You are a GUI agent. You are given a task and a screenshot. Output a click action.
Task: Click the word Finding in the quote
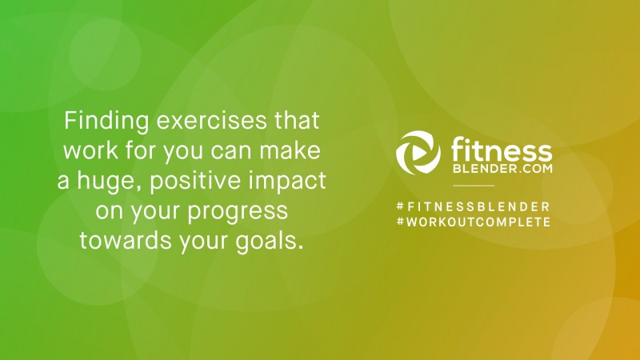coord(106,122)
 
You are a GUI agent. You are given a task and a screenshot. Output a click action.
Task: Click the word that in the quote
coord(297,121)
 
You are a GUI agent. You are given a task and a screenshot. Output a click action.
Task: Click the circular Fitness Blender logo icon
coord(418,153)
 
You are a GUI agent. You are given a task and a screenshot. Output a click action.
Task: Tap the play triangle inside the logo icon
coord(417,154)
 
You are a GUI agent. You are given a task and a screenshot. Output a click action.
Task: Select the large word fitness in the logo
coord(502,150)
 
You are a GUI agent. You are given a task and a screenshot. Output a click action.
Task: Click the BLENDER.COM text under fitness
coord(503,168)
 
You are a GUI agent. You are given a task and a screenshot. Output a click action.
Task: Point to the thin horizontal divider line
coord(474,186)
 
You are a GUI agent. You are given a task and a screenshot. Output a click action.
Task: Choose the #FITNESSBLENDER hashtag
coord(474,206)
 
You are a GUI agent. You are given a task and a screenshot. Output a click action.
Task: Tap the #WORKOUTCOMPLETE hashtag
coord(474,222)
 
